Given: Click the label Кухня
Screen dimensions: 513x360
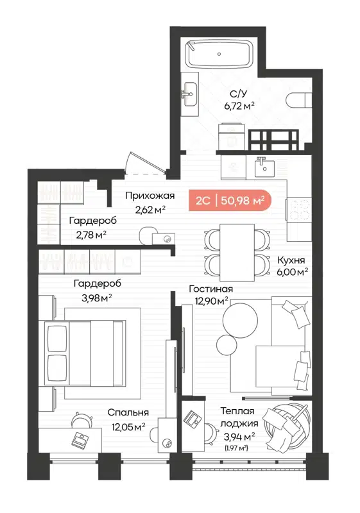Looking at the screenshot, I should pyautogui.click(x=291, y=260).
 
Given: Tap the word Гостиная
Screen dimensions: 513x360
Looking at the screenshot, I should pyautogui.click(x=210, y=289).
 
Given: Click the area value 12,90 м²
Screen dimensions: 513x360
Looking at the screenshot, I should pyautogui.click(x=210, y=301).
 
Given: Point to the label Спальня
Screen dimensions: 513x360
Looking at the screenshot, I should pyautogui.click(x=128, y=412).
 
